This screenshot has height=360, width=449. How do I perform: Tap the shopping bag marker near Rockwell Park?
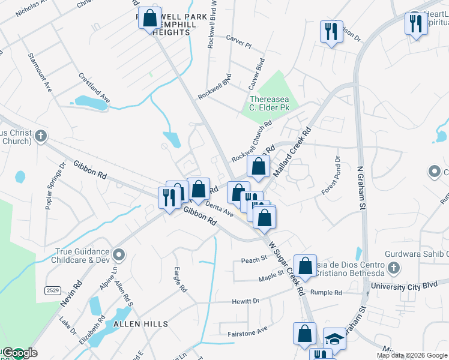point(148,19)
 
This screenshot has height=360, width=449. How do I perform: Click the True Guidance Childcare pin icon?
point(119,256)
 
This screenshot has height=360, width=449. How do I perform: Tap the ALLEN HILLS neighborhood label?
point(140,324)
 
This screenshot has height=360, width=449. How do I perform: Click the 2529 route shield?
point(53,290)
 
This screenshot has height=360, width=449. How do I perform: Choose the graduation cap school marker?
point(334,339)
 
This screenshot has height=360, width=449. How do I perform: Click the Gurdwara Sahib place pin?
point(393,266)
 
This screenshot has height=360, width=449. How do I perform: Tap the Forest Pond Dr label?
point(331,175)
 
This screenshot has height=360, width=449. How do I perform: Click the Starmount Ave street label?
point(40,71)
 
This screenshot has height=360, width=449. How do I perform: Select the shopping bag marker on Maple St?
point(305,265)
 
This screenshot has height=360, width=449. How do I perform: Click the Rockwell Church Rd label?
point(252,140)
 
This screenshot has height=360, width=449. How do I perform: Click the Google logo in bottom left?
point(19,353)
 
